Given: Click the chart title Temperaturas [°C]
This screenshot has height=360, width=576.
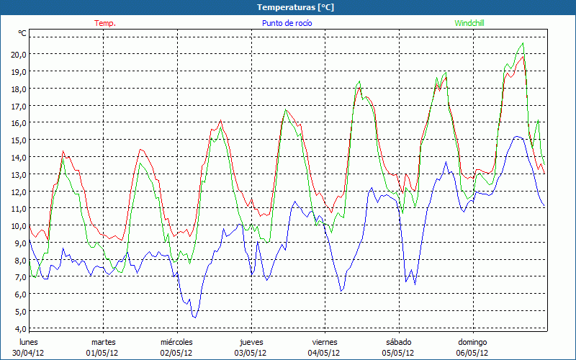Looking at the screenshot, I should [x=287, y=6].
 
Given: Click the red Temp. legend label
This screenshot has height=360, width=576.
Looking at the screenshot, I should [x=105, y=23].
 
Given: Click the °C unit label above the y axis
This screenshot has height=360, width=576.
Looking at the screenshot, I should [x=22, y=33].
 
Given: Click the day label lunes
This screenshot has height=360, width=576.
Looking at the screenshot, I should [x=29, y=341].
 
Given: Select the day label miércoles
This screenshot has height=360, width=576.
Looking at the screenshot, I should [x=176, y=341].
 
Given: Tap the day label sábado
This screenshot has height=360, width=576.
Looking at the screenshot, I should [x=398, y=341].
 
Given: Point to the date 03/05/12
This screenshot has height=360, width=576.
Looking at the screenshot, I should [x=251, y=353].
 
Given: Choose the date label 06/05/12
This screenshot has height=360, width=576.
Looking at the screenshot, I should [x=472, y=353].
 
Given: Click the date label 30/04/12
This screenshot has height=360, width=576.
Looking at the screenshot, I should [x=29, y=353].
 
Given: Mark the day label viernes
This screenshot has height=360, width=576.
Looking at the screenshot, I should [x=325, y=341].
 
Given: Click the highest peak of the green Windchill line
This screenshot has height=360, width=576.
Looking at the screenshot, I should [x=523, y=43].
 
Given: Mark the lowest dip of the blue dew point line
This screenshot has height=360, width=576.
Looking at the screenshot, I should [x=194, y=317].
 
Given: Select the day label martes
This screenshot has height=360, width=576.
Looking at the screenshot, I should [x=103, y=341].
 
